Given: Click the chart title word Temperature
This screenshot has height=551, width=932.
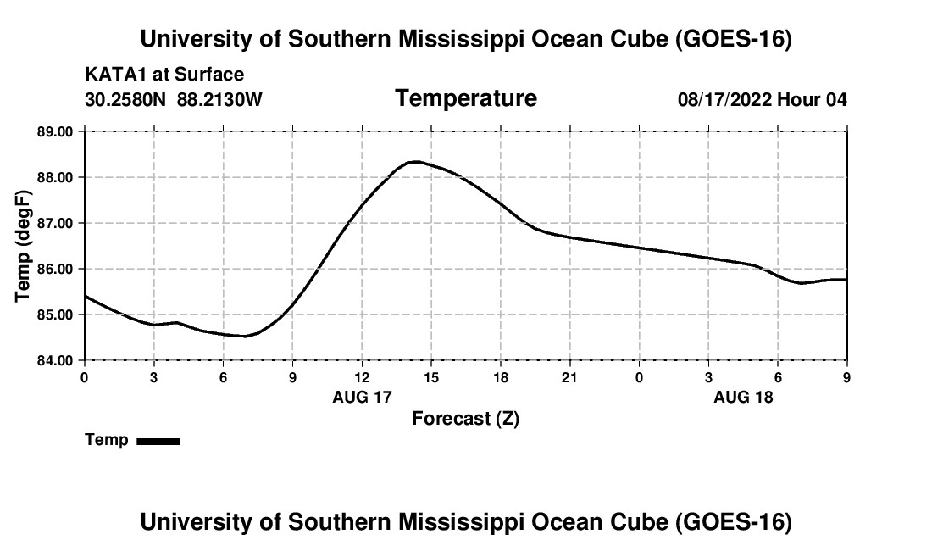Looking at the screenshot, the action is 466,98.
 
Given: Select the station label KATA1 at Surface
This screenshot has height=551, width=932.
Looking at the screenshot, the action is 164,75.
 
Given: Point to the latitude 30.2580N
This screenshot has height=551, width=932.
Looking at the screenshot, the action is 125,99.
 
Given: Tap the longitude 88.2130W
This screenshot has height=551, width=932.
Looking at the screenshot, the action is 219,99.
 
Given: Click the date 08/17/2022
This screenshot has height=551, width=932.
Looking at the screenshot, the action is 724,99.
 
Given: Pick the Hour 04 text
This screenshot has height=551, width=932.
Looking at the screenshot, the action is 812,99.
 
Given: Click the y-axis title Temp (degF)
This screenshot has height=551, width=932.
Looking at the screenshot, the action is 23,246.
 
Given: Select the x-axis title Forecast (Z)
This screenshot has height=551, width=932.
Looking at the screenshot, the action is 466,419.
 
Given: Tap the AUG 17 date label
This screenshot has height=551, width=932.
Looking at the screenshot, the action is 362,397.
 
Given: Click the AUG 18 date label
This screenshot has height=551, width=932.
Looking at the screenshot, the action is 743,397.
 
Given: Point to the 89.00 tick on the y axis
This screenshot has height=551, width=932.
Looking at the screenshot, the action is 55,131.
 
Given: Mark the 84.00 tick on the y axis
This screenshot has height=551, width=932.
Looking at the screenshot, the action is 55,360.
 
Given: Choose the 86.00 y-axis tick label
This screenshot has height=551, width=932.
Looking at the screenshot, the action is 55,269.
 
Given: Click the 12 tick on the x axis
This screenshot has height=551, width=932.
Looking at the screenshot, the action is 362,377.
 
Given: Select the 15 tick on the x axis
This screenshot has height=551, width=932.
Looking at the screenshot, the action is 431,377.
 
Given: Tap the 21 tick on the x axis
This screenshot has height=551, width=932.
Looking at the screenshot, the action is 570,377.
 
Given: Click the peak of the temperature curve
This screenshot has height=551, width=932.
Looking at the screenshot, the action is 415,162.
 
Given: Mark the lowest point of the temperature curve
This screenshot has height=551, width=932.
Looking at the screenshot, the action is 244,336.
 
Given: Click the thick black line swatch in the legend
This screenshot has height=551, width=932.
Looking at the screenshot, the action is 158,441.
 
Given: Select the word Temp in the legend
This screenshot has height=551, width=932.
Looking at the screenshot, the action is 107,440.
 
